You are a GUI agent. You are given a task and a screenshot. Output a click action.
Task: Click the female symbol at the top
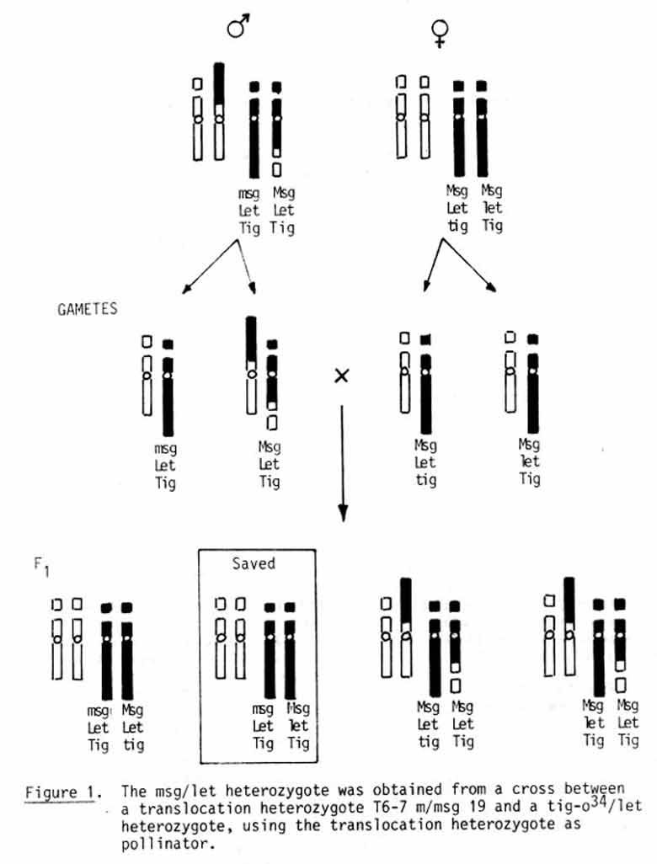[x=439, y=32]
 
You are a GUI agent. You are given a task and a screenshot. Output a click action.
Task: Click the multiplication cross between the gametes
[x=341, y=376]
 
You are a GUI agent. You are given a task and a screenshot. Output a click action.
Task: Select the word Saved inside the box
[x=254, y=563]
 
